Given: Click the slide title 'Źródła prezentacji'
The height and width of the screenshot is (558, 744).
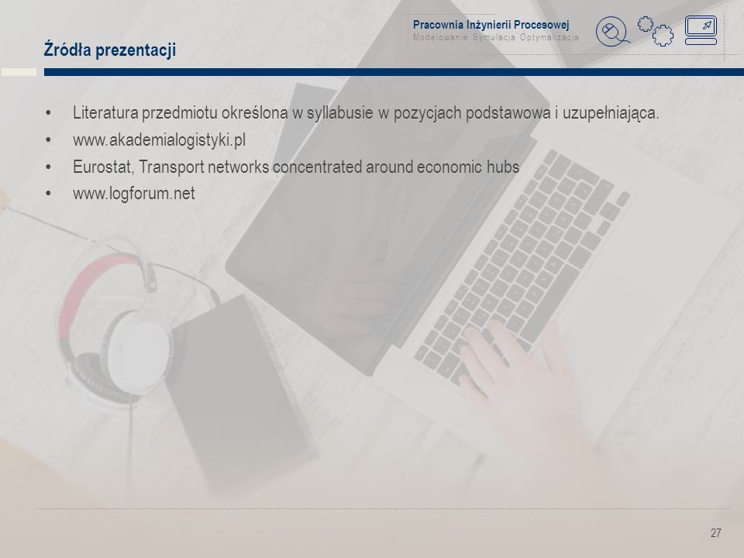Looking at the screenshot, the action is (x=109, y=50).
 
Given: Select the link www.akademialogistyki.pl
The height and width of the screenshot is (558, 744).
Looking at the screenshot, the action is (x=160, y=140).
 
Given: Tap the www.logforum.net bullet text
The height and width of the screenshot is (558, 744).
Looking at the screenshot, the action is (x=134, y=194).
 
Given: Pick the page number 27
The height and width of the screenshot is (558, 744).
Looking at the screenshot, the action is (x=715, y=533).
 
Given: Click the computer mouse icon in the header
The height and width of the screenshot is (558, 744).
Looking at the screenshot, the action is (x=612, y=32).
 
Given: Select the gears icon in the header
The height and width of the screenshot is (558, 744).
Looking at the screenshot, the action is (x=656, y=31).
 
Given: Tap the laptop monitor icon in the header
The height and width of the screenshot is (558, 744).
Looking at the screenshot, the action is (x=701, y=30).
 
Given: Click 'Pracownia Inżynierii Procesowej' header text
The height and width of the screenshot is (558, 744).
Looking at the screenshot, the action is (x=491, y=25).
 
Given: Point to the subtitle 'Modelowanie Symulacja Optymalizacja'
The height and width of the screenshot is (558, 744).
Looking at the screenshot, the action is (x=495, y=37).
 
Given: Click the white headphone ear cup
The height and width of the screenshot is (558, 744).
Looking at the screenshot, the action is (x=139, y=350).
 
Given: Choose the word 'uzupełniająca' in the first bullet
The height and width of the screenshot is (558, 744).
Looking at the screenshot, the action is (x=611, y=113).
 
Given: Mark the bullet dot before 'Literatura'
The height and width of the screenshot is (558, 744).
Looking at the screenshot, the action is (x=48, y=113).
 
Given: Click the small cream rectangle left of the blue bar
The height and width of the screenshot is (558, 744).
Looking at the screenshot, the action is (x=19, y=72).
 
